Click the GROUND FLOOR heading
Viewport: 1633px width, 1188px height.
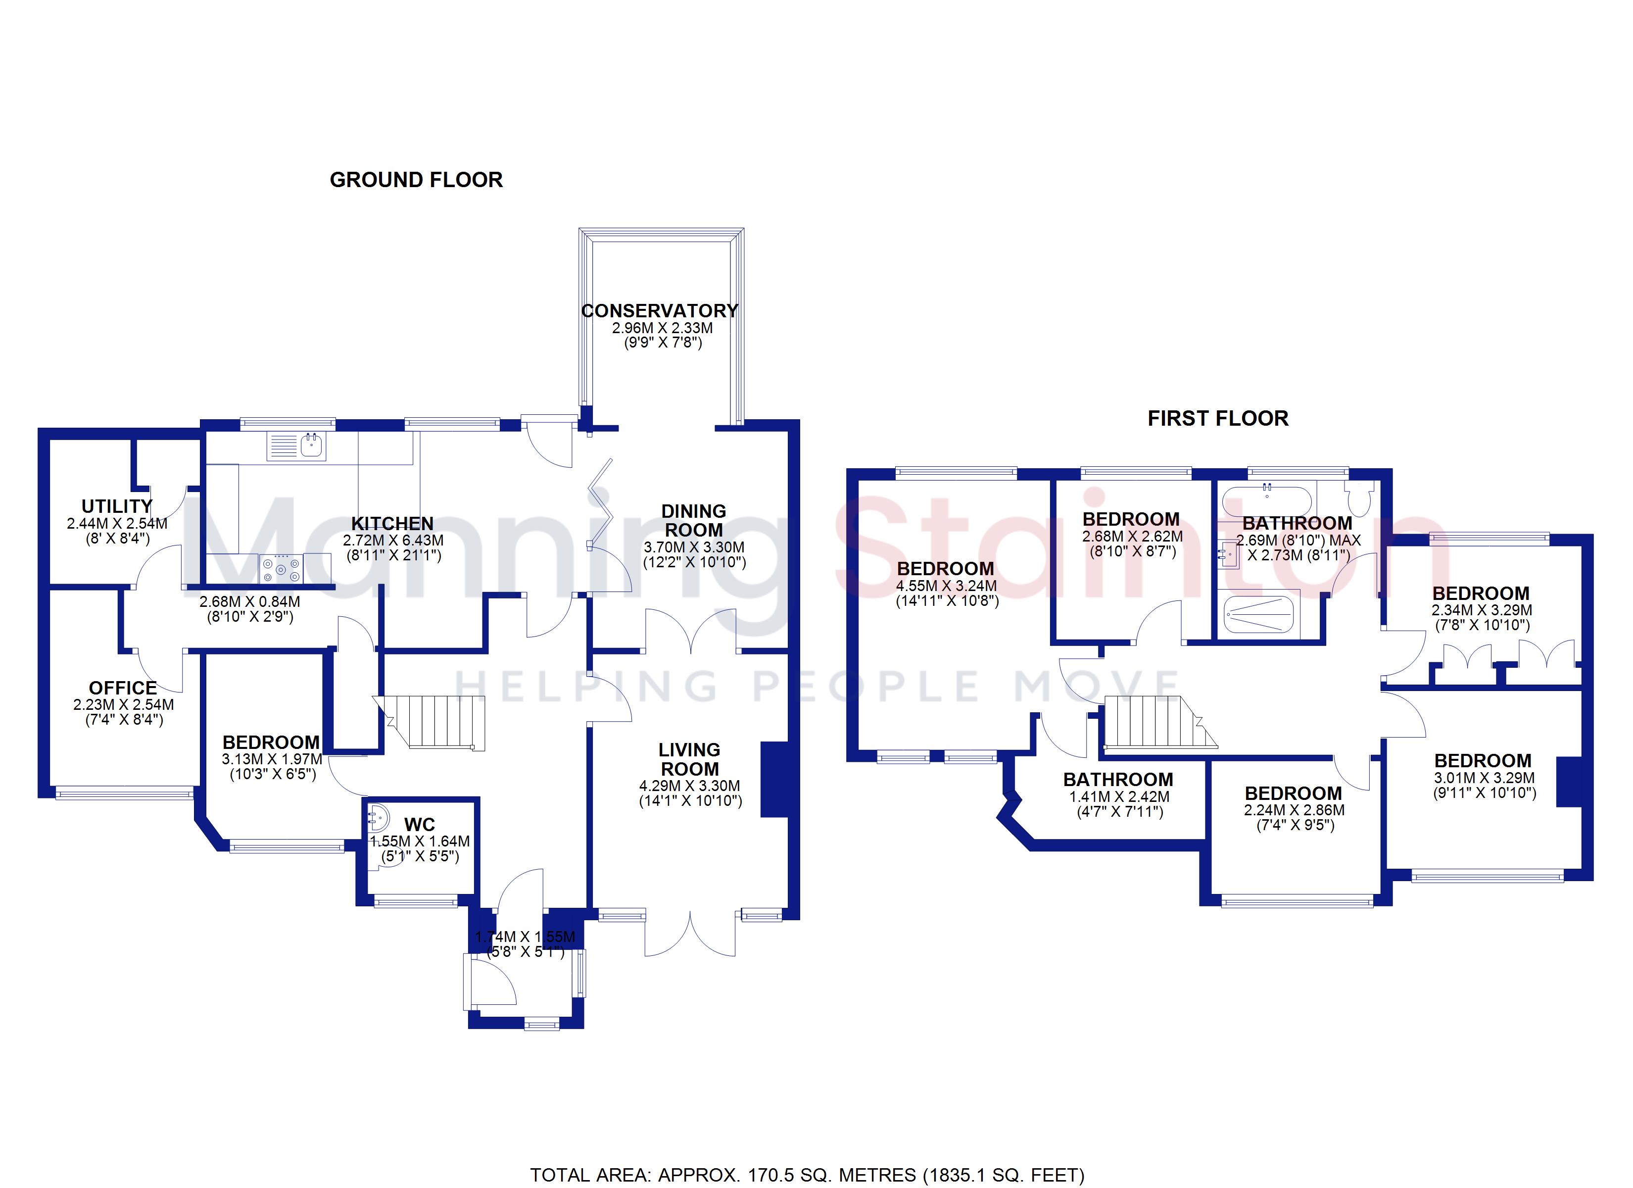click(x=416, y=180)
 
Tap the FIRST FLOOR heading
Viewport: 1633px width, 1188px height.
click(x=1217, y=419)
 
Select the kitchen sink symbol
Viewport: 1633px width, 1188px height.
click(x=296, y=445)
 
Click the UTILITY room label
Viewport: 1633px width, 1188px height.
click(x=117, y=506)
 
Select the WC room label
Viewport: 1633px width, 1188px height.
click(x=420, y=825)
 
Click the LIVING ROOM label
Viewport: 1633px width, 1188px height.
click(x=690, y=759)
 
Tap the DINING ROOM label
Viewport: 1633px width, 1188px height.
click(x=693, y=520)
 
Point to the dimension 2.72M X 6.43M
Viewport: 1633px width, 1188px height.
click(x=393, y=541)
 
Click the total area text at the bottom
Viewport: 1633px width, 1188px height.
click(x=807, y=1175)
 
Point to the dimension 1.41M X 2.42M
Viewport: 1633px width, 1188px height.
click(x=1120, y=797)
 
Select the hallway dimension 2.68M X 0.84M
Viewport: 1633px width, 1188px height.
click(x=250, y=601)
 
